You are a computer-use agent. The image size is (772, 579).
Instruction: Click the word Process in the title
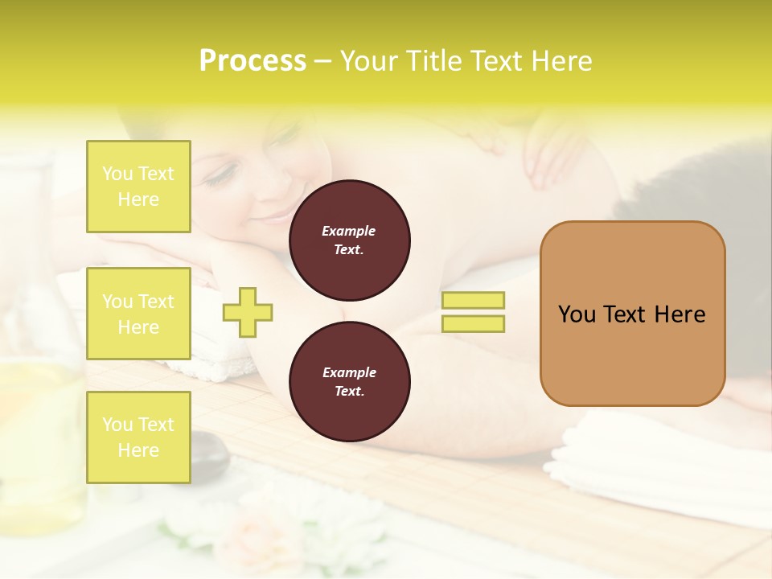coord(253,61)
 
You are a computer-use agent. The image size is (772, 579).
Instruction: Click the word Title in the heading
coord(434,61)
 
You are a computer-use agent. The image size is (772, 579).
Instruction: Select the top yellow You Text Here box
coord(138,187)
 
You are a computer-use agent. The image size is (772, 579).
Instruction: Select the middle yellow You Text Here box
coord(138,314)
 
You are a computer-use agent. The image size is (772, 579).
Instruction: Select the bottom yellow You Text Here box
coord(138,437)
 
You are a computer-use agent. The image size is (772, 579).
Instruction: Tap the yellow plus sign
coord(248,312)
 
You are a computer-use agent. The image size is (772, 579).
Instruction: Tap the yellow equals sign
coord(473,312)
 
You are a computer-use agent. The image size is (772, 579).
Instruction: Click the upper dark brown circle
coord(350,240)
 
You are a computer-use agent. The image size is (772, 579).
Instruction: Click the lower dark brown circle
coord(350,382)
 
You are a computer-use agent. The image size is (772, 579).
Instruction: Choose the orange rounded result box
coord(632,314)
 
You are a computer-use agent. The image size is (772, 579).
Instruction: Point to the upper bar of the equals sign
coord(473,300)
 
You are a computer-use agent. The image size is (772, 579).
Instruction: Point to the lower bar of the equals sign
coord(473,324)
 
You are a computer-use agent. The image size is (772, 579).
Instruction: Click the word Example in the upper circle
coord(349,231)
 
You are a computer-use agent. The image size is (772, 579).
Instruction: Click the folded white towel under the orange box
coord(643,450)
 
